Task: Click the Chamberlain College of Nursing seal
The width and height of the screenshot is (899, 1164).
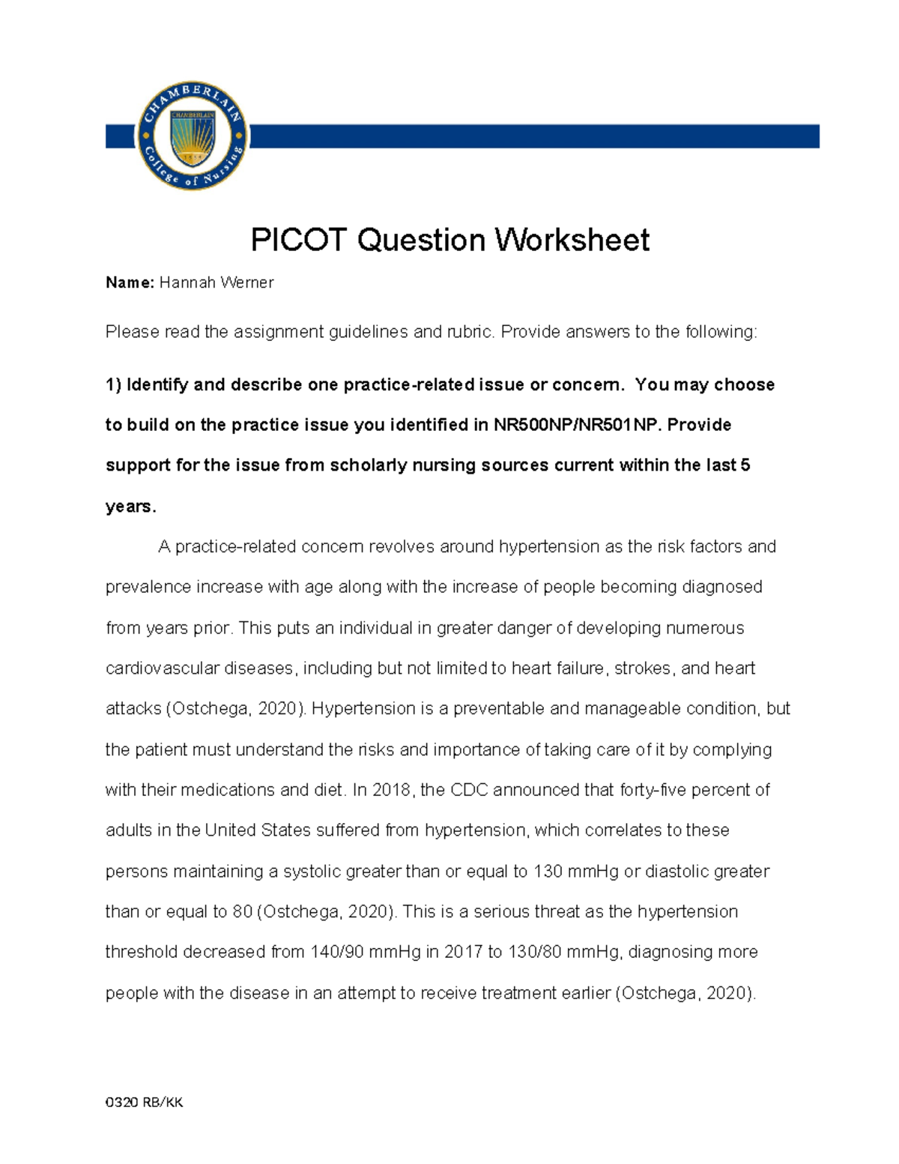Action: tap(193, 136)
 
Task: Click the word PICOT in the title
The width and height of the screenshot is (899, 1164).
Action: tap(299, 240)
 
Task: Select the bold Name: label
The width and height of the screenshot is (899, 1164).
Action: tap(130, 283)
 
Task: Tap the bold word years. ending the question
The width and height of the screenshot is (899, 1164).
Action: tap(130, 507)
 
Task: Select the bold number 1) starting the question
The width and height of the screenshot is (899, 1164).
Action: tap(113, 385)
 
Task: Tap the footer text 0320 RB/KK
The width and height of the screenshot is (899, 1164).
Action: tap(144, 1102)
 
